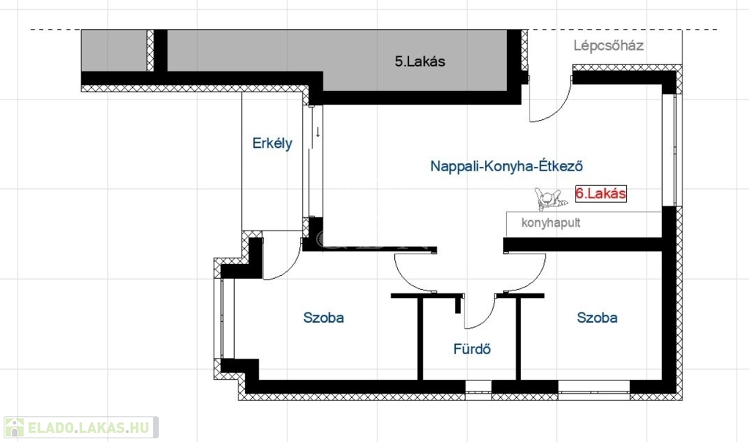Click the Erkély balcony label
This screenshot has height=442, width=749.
272,143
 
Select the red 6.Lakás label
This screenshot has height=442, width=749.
601,194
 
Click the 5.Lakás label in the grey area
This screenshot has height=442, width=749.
420,62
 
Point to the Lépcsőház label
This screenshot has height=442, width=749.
609,45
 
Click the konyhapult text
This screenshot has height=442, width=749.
551,222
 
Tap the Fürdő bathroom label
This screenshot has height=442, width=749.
471,349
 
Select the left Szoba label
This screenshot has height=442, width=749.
323,318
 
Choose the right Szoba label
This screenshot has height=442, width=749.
597,318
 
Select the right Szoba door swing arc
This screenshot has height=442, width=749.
526,274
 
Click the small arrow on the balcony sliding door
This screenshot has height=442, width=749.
318,132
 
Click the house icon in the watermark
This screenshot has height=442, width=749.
15,427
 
